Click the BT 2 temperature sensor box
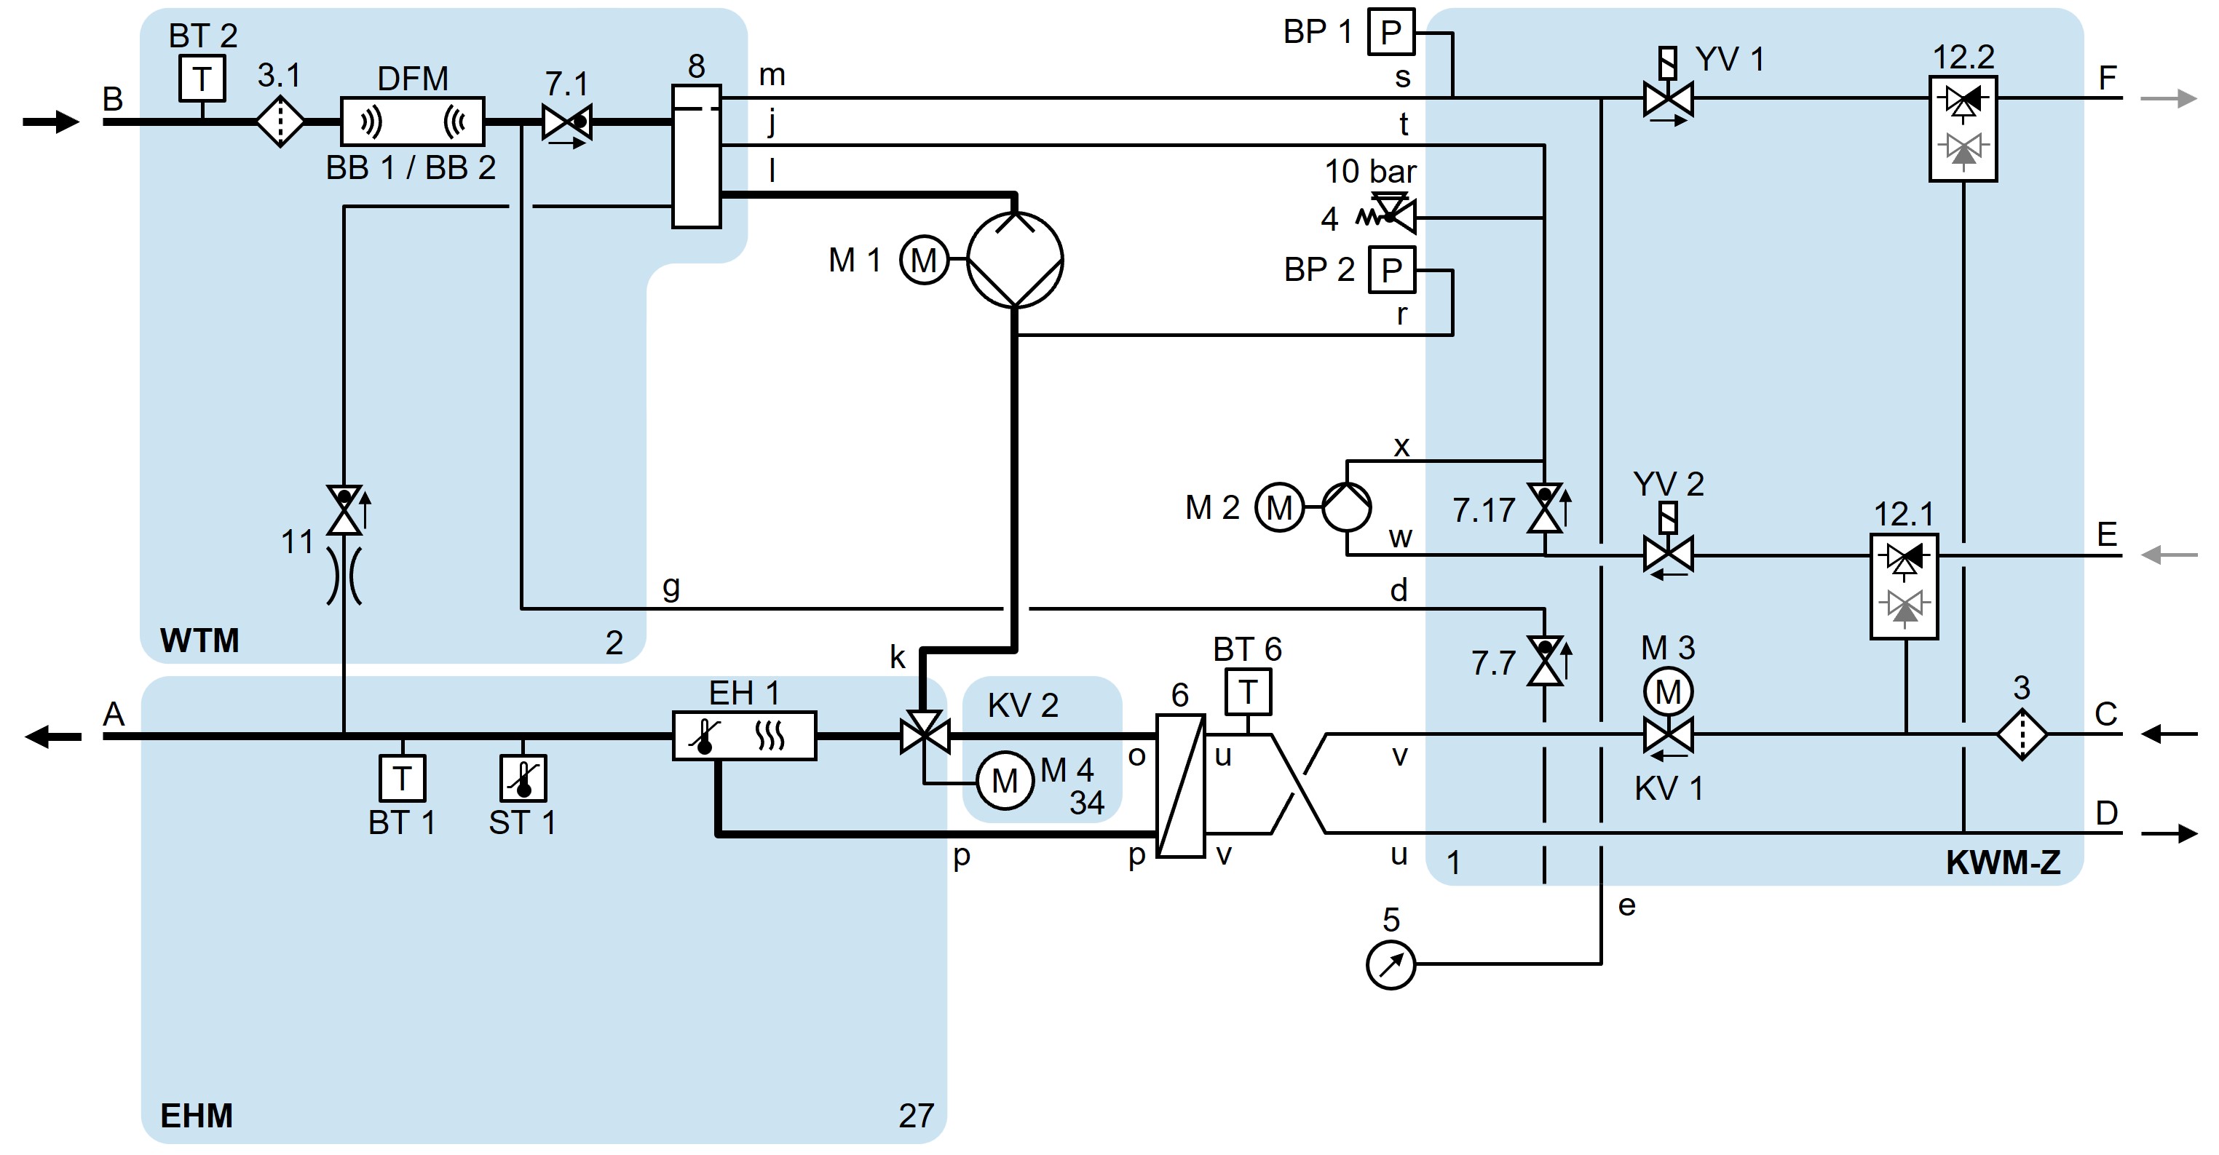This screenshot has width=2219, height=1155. tap(202, 79)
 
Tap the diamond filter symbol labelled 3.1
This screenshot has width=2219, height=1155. tap(280, 122)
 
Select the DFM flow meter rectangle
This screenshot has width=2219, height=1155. tap(413, 122)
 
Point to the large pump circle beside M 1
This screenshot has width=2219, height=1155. tap(1015, 259)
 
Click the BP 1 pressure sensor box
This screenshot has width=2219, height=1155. tap(1391, 33)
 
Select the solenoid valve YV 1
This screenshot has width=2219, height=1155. tap(1668, 98)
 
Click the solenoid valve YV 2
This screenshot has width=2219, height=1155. tap(1668, 554)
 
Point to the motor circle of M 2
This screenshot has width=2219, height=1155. tap(1279, 507)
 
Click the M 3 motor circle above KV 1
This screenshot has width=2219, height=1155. tap(1668, 691)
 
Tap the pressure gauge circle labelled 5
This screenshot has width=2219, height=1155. tap(1391, 964)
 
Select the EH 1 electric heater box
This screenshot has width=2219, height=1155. tap(744, 736)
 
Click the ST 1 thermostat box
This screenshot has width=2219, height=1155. tap(523, 778)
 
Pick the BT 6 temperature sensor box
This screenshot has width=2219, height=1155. tap(1247, 691)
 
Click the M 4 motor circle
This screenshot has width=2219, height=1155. tap(1005, 781)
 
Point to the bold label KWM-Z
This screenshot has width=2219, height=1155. tap(2003, 863)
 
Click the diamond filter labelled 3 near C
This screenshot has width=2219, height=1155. tap(2021, 734)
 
